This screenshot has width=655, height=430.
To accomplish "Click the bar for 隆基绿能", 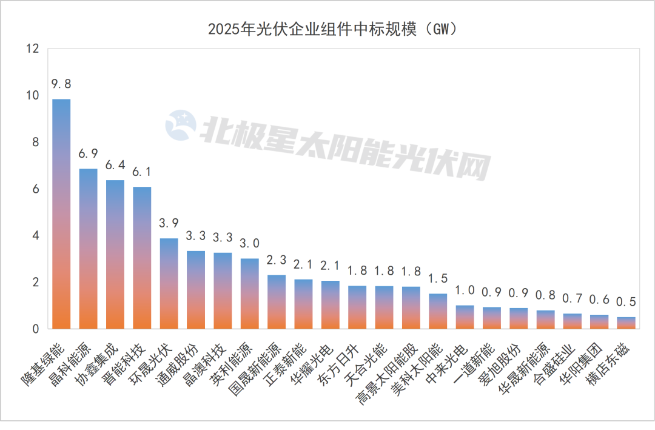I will (61, 213).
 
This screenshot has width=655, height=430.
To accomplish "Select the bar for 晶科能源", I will (88, 249).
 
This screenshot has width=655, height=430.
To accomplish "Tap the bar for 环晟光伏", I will (169, 283).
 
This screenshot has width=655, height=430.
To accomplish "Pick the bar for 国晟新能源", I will (276, 301).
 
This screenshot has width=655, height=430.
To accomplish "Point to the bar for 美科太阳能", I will (437, 311).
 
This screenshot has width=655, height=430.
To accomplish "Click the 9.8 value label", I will (61, 84).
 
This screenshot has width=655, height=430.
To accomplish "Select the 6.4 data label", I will (115, 165).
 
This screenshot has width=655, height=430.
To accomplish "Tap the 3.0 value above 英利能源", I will (249, 243).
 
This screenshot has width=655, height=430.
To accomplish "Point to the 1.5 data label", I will (437, 278).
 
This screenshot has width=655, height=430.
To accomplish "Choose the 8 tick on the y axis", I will (36, 142).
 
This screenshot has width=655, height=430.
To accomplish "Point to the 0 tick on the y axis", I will (36, 329).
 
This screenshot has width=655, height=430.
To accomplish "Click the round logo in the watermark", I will (181, 126).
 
